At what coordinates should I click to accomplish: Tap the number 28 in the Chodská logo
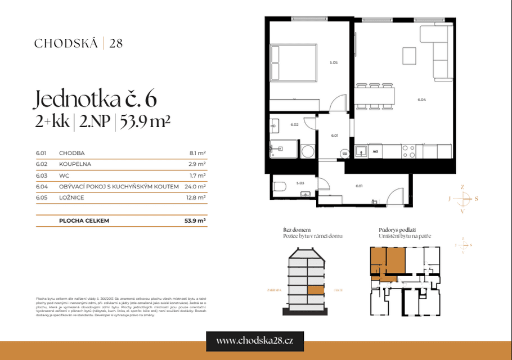click(116, 43)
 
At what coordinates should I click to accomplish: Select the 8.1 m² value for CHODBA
click(197, 152)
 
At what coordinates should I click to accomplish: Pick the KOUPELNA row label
click(75, 164)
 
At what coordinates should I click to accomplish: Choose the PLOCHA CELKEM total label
click(84, 221)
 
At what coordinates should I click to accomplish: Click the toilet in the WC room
click(280, 187)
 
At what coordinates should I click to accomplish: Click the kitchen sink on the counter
click(361, 151)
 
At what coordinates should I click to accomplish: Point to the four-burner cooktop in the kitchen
click(409, 151)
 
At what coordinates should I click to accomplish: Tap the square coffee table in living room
click(409, 56)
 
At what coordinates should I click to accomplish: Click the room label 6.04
click(422, 100)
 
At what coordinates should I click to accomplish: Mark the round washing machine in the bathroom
click(307, 151)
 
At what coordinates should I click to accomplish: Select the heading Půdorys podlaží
click(397, 230)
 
